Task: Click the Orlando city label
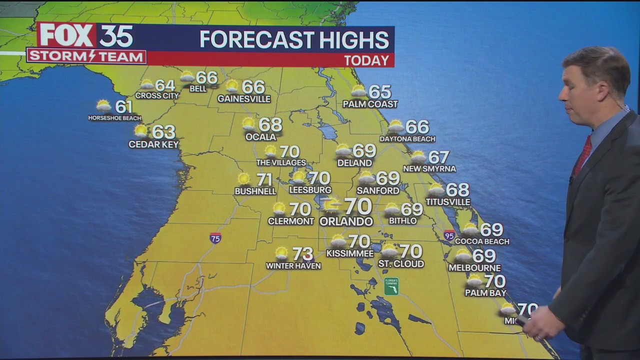346,221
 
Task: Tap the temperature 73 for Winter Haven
302,254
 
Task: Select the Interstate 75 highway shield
215,237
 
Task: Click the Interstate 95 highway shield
449,235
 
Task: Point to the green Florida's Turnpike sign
391,286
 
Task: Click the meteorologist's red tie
582,155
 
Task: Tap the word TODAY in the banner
366,60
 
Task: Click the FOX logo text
67,35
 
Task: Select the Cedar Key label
153,144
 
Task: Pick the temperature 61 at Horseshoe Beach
124,106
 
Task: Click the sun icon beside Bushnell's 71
244,179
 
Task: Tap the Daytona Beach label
407,139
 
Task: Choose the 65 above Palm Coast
379,92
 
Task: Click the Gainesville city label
244,99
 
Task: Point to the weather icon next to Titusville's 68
436,189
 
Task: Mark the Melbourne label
474,268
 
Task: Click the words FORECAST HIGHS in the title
294,40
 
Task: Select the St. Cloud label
401,263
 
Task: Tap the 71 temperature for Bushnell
264,179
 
